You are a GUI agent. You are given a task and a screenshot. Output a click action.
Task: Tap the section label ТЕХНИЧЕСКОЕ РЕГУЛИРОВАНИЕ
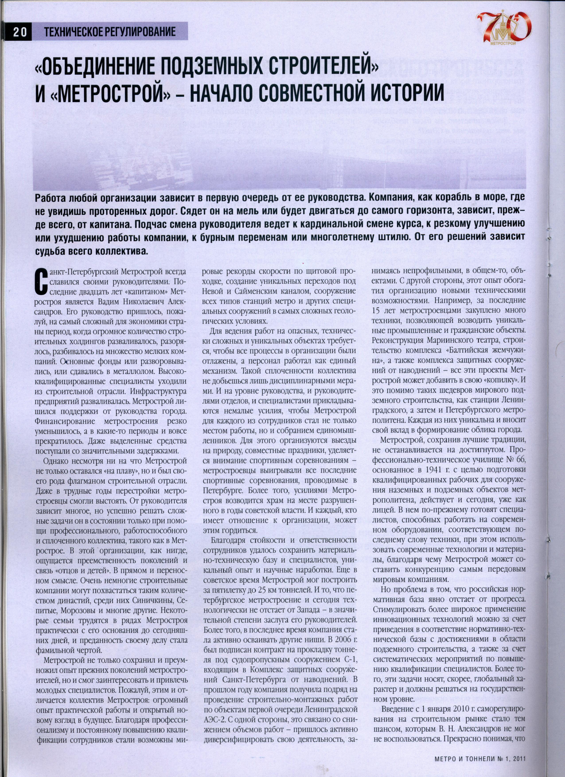(x=110, y=32)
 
